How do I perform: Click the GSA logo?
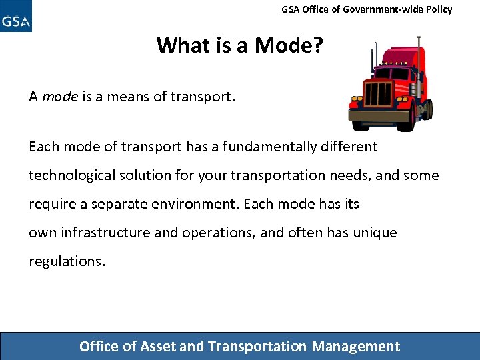[16, 17]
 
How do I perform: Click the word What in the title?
[181, 45]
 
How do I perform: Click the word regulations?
[66, 261]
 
